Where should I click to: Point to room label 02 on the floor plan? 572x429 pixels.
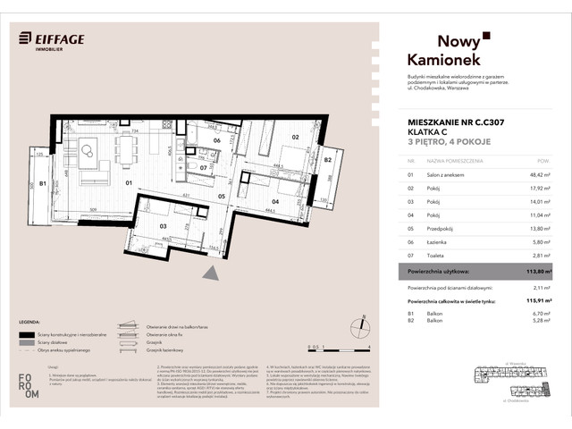[294, 138]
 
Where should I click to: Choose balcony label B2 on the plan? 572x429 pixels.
[327, 161]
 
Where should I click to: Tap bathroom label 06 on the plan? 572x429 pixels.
[216, 140]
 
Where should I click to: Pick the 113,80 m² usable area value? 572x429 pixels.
[533, 271]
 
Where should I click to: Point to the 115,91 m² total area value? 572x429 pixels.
[533, 301]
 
